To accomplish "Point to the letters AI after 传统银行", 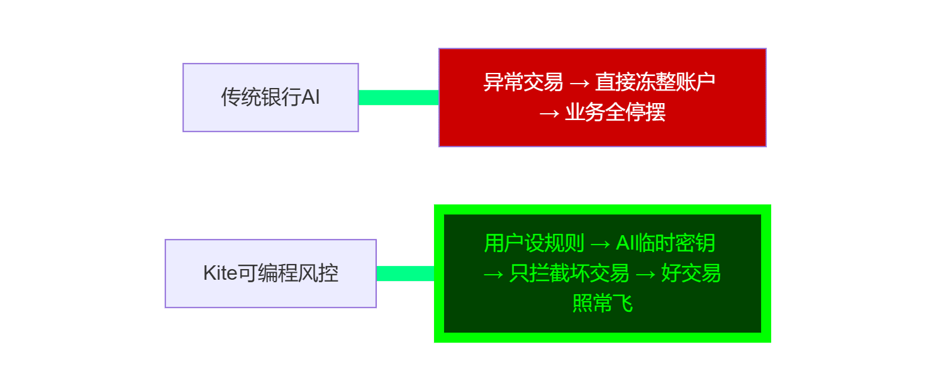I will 311,97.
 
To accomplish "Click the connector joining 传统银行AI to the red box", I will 398,97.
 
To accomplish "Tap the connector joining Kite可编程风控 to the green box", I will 405,273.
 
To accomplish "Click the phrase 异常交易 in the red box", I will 523,82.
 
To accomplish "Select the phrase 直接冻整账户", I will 655,82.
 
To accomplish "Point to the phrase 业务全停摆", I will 615,113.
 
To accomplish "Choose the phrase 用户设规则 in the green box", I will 534,243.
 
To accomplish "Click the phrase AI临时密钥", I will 665,243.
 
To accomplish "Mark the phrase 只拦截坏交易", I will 569,273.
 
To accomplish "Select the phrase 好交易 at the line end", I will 690,273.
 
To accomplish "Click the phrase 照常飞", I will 602,304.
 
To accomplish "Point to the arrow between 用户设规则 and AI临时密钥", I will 600,243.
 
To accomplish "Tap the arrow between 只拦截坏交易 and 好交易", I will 645,274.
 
